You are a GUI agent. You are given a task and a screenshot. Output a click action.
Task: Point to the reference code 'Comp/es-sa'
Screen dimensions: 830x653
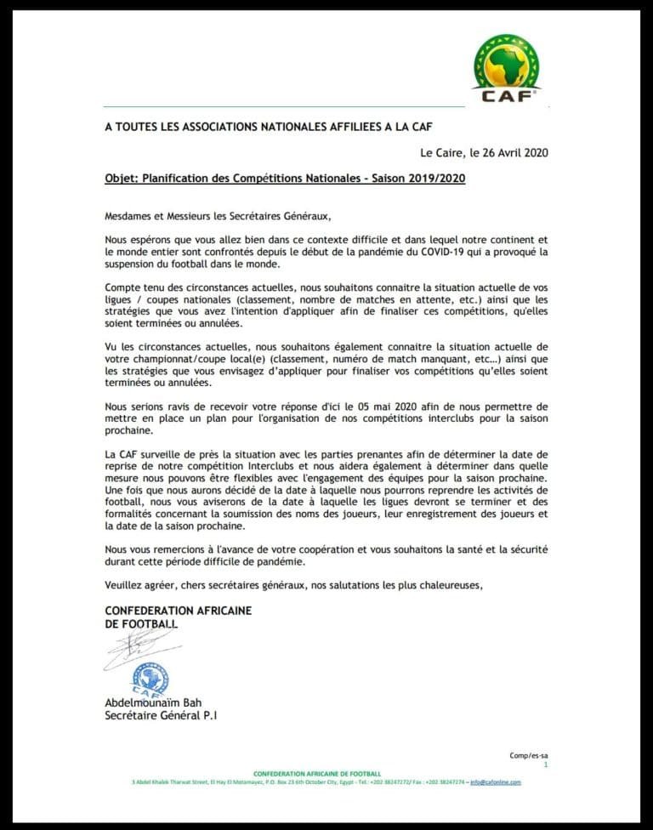tap(530, 755)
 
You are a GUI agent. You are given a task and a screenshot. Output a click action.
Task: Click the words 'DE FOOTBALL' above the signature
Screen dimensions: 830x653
tap(141, 624)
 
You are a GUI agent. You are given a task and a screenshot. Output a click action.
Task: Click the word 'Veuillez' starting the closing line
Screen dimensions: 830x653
tap(125, 586)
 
